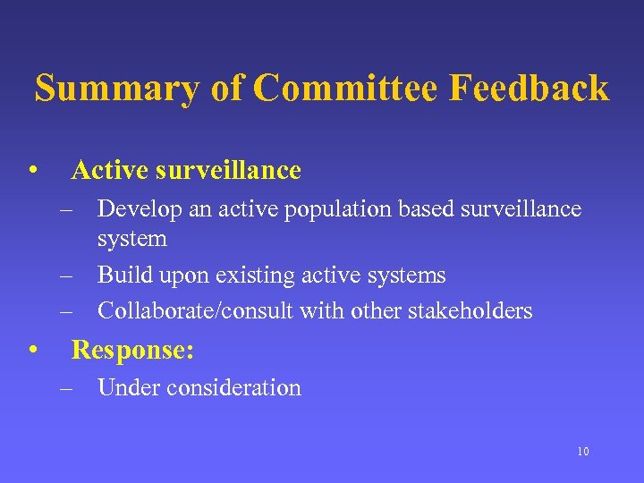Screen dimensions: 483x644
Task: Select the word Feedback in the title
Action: click(530, 89)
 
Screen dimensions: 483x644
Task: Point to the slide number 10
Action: click(582, 452)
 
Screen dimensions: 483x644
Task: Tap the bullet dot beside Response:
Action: click(32, 351)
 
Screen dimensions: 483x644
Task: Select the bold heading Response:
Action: click(131, 350)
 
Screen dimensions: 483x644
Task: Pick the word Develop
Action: click(134, 209)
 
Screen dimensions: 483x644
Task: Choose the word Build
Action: click(120, 275)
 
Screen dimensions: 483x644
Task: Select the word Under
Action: click(124, 387)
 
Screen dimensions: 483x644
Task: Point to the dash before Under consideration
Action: click(66, 388)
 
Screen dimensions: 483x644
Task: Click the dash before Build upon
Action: click(66, 275)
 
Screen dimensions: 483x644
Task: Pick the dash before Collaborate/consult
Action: click(66, 311)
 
